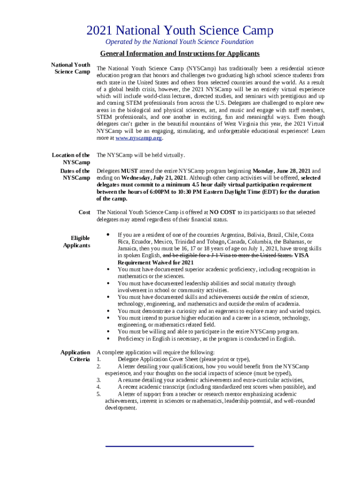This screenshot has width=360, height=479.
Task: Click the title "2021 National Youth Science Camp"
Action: [180, 31]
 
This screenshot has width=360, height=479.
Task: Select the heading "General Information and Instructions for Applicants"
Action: [180, 54]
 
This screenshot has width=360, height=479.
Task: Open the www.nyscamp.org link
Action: [139, 138]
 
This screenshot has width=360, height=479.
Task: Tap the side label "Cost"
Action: [84, 212]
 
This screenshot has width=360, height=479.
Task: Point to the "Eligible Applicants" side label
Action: [77, 242]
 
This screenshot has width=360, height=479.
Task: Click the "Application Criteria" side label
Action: [75, 356]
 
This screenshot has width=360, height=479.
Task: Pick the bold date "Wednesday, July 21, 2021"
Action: [154, 178]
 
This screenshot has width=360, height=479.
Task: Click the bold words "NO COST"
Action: [223, 212]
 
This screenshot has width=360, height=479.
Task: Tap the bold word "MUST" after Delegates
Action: [129, 171]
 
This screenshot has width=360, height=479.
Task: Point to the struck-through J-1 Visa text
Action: [228, 255]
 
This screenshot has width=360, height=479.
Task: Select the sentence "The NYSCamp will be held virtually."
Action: [141, 155]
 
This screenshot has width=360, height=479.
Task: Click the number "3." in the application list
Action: [99, 380]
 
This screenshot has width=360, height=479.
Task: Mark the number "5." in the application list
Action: [99, 394]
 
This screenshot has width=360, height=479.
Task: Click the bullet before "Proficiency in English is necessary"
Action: [108, 338]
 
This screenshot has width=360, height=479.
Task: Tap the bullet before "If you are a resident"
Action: [108, 234]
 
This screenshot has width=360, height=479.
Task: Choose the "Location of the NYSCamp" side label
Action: [71, 158]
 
